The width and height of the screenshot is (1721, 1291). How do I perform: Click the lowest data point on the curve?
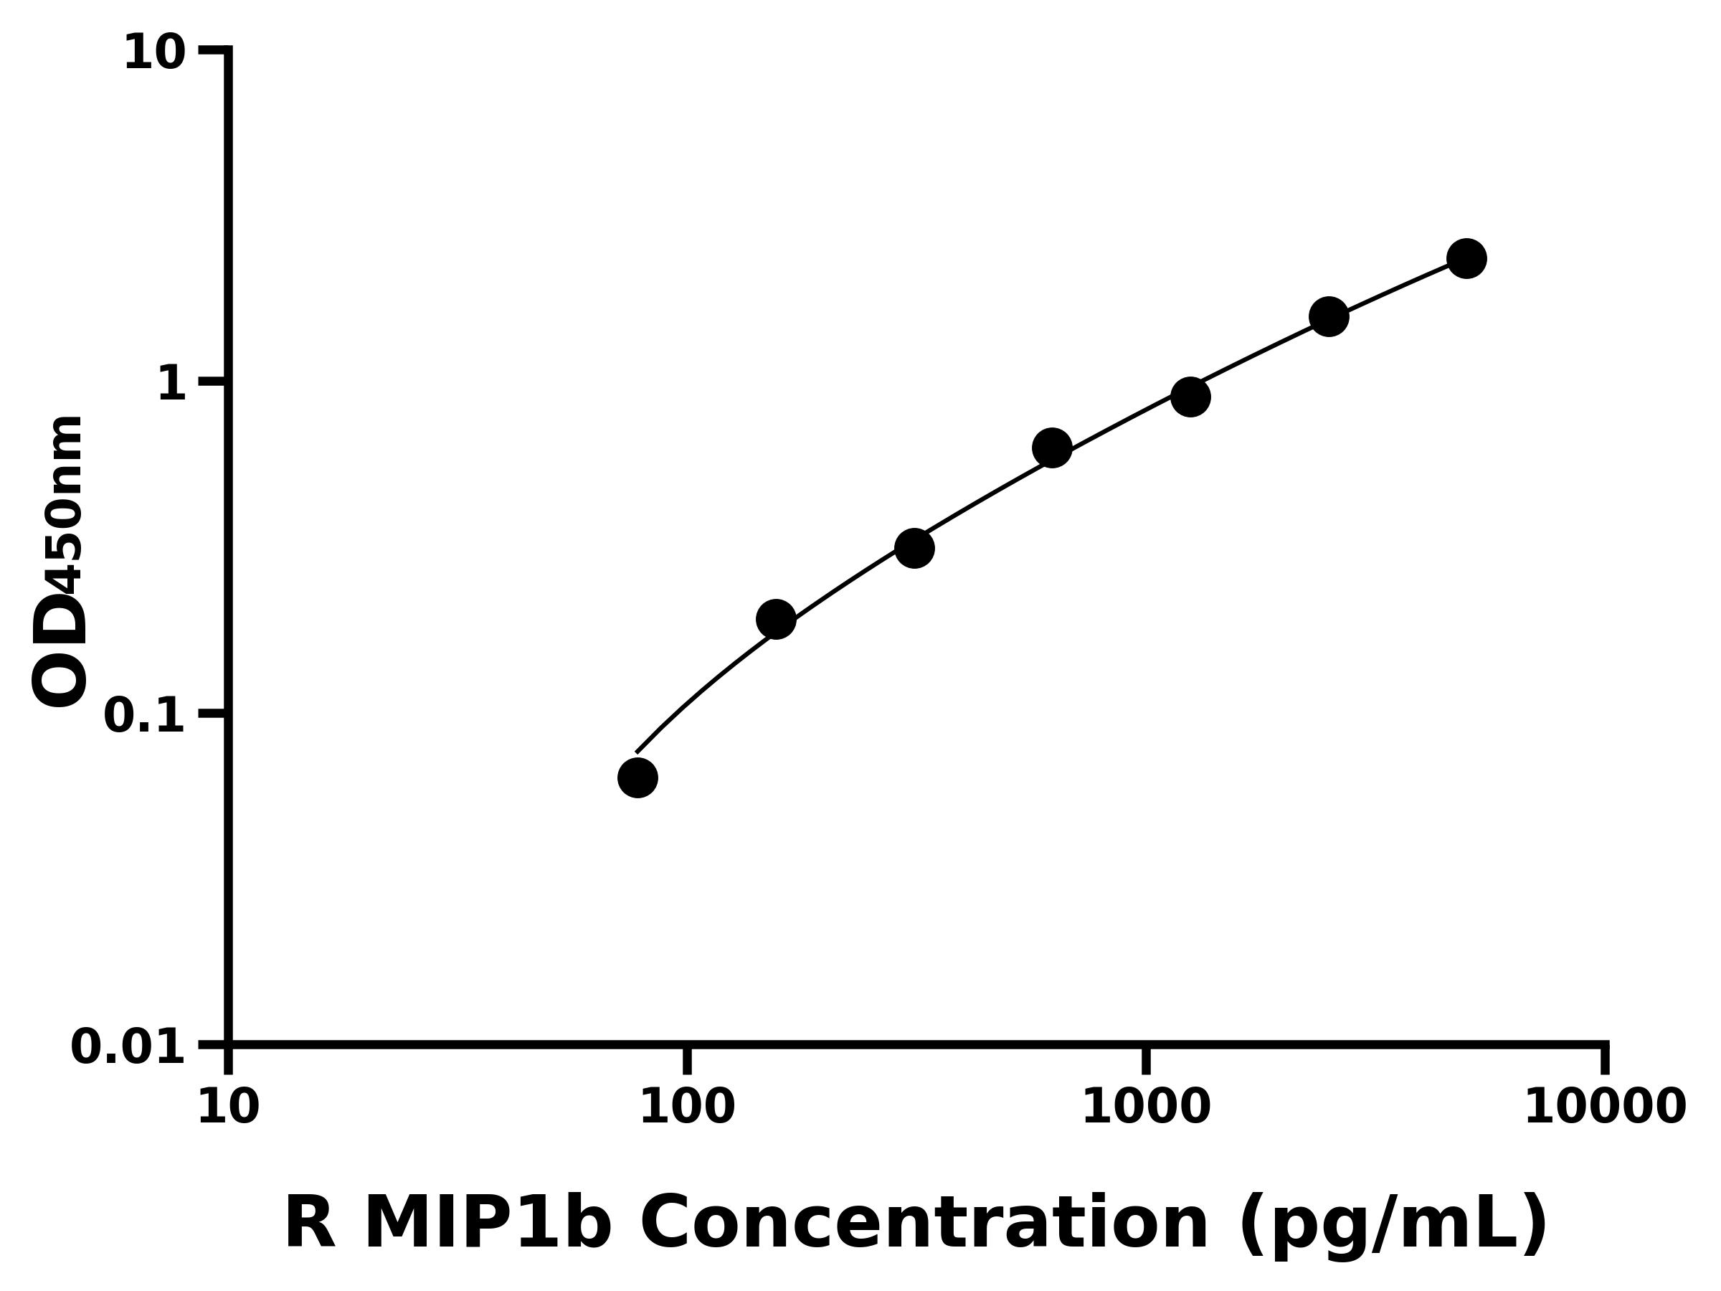637,777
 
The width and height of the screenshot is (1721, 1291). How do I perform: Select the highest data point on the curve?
1466,258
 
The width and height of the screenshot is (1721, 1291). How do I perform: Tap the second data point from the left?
776,620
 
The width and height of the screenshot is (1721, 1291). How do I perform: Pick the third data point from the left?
914,549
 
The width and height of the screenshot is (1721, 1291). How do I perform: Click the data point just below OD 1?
1190,397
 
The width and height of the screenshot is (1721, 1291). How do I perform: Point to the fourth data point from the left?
1052,448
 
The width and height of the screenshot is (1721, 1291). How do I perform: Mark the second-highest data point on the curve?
1329,317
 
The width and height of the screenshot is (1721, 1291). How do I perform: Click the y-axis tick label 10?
155,55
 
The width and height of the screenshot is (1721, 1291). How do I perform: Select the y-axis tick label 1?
172,384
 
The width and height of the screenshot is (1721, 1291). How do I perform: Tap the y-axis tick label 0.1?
145,716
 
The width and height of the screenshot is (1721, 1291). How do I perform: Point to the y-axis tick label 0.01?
128,1047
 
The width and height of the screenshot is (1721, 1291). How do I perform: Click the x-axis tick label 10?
228,1107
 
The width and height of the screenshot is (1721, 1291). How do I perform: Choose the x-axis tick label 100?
687,1107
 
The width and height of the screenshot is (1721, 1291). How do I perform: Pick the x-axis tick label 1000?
1146,1107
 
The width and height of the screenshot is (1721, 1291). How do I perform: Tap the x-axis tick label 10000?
1605,1107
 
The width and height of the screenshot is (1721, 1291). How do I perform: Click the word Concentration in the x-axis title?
924,1224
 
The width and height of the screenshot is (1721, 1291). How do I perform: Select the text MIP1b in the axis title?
487,1224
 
